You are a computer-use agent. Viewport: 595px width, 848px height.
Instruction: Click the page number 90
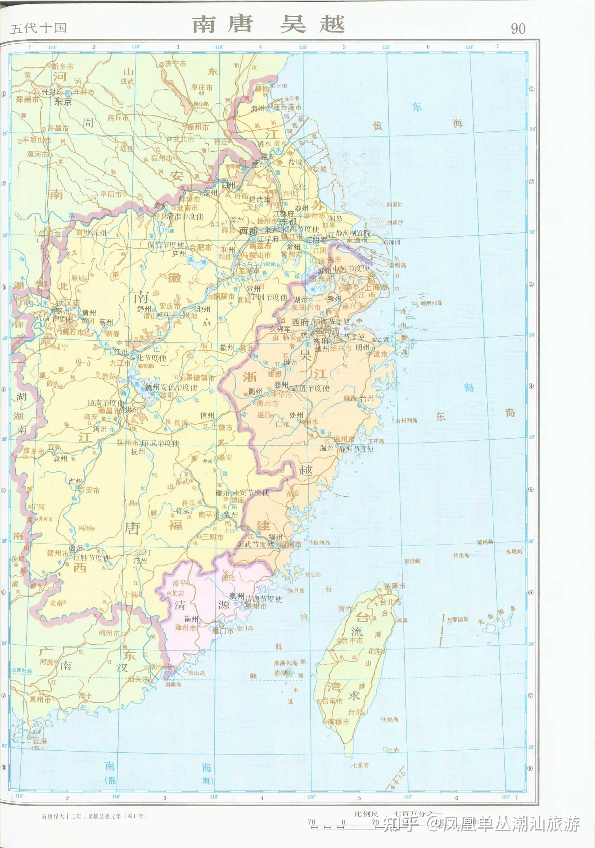point(518,29)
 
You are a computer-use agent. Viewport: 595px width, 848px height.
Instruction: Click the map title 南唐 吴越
point(268,24)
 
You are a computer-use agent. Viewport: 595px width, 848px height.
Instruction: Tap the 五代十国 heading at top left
point(38,28)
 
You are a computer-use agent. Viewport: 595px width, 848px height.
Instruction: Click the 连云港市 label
point(288,107)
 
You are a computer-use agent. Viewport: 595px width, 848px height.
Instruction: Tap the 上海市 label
point(377,287)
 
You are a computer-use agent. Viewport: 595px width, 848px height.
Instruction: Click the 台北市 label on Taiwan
point(391,602)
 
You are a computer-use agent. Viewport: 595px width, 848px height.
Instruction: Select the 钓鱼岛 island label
point(462,555)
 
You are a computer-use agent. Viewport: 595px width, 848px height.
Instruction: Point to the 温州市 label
point(343,439)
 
